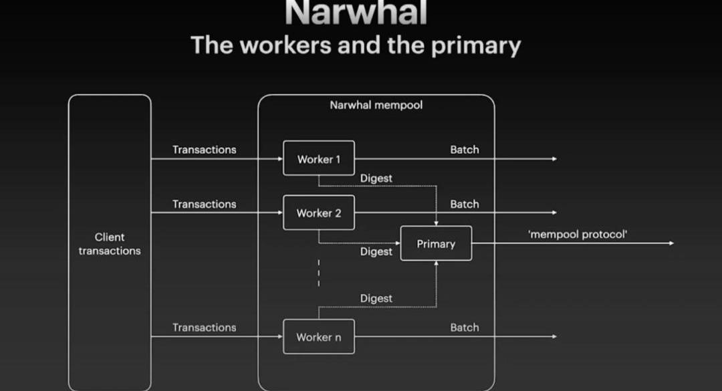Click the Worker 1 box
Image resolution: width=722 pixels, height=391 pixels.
click(318, 158)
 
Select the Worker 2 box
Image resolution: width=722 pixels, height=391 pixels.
click(318, 213)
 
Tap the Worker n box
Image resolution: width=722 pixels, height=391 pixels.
click(318, 337)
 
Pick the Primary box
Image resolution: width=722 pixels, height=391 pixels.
click(436, 244)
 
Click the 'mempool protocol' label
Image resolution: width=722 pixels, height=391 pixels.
click(578, 234)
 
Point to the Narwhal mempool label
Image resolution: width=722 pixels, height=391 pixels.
click(376, 105)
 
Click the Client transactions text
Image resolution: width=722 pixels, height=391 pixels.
click(110, 244)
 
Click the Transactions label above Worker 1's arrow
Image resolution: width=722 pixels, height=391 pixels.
click(204, 150)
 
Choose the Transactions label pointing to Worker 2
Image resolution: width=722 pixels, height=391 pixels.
click(204, 204)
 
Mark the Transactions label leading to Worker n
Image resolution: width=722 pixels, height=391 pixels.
click(204, 328)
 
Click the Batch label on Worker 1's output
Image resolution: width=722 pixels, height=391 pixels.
click(464, 150)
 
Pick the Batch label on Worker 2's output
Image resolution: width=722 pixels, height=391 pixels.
click(464, 204)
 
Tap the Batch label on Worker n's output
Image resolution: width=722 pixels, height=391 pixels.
click(464, 328)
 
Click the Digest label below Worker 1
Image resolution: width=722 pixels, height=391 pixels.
click(376, 178)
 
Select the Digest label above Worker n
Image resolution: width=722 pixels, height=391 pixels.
click(376, 298)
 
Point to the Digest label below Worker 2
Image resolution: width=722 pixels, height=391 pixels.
click(376, 251)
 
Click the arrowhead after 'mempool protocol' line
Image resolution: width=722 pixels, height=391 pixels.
click(671, 243)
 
